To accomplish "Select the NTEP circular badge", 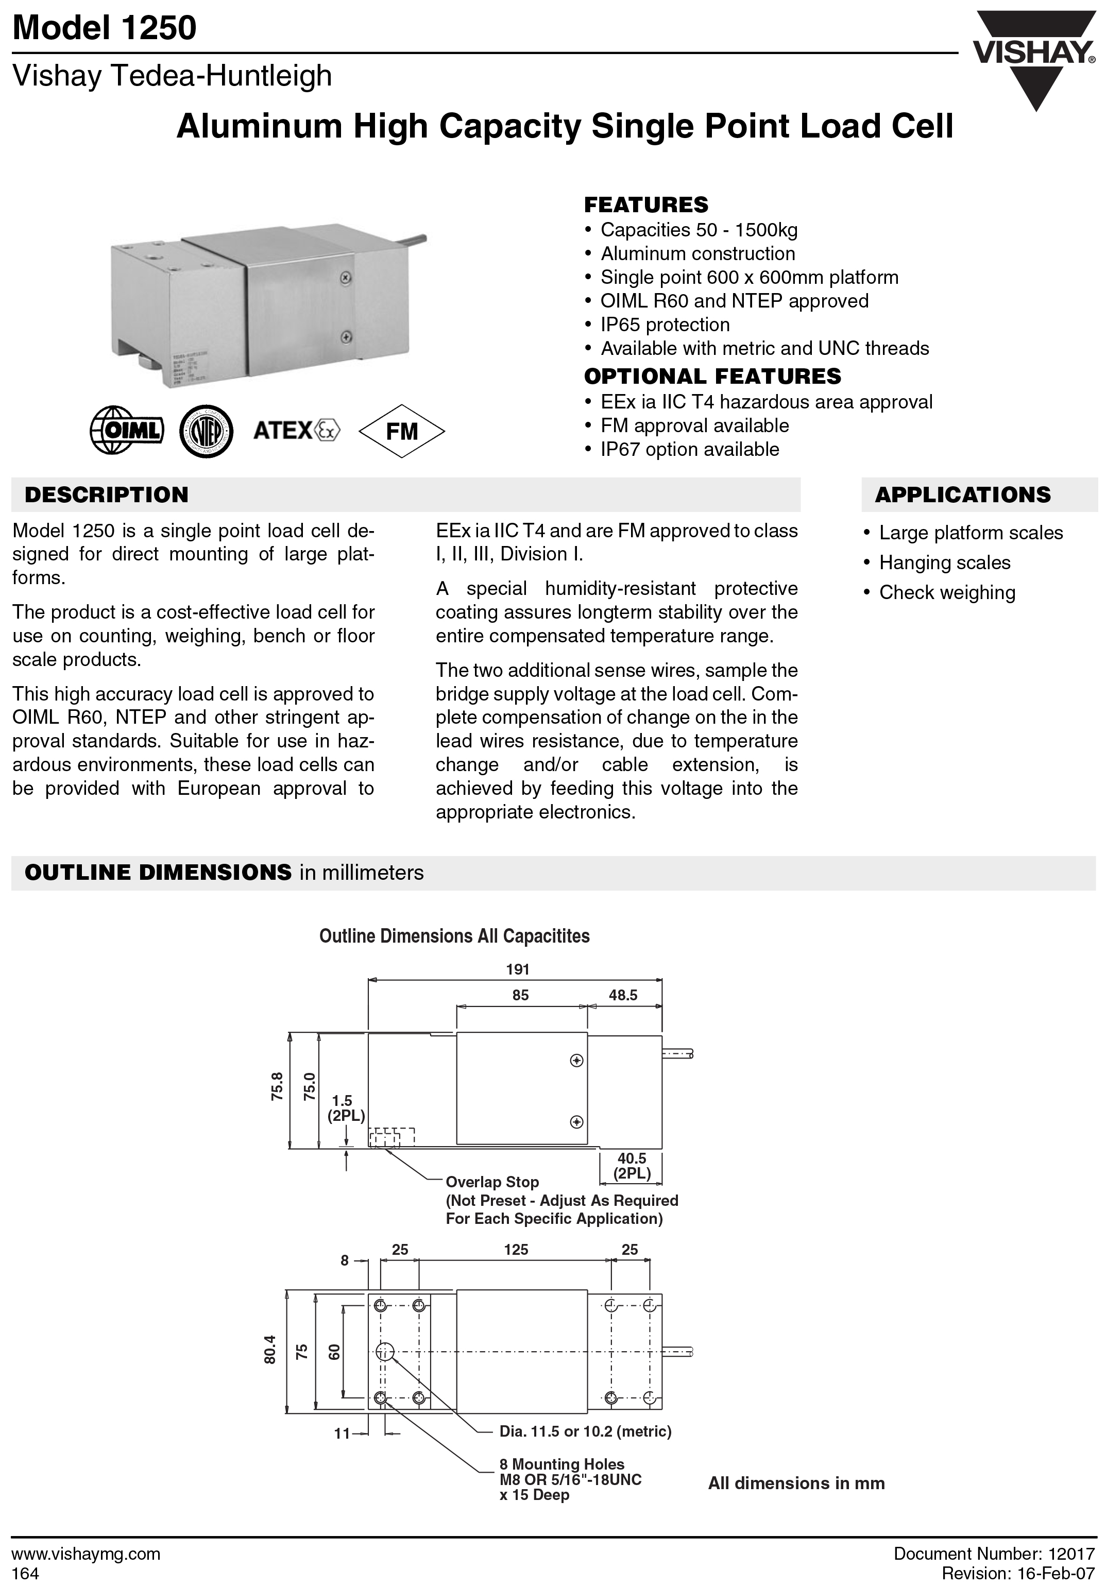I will point(206,431).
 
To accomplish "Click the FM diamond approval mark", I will point(402,431).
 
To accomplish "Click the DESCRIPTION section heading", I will point(107,496).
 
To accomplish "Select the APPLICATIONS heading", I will point(962,496).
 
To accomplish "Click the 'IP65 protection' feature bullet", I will point(665,325).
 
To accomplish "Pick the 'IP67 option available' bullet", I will point(689,450).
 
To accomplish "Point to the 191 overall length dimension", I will point(517,969).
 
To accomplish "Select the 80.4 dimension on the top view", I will point(270,1349).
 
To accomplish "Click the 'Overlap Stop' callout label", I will point(492,1182).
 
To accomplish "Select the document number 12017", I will point(1071,1554).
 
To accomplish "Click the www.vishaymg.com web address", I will point(87,1554).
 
